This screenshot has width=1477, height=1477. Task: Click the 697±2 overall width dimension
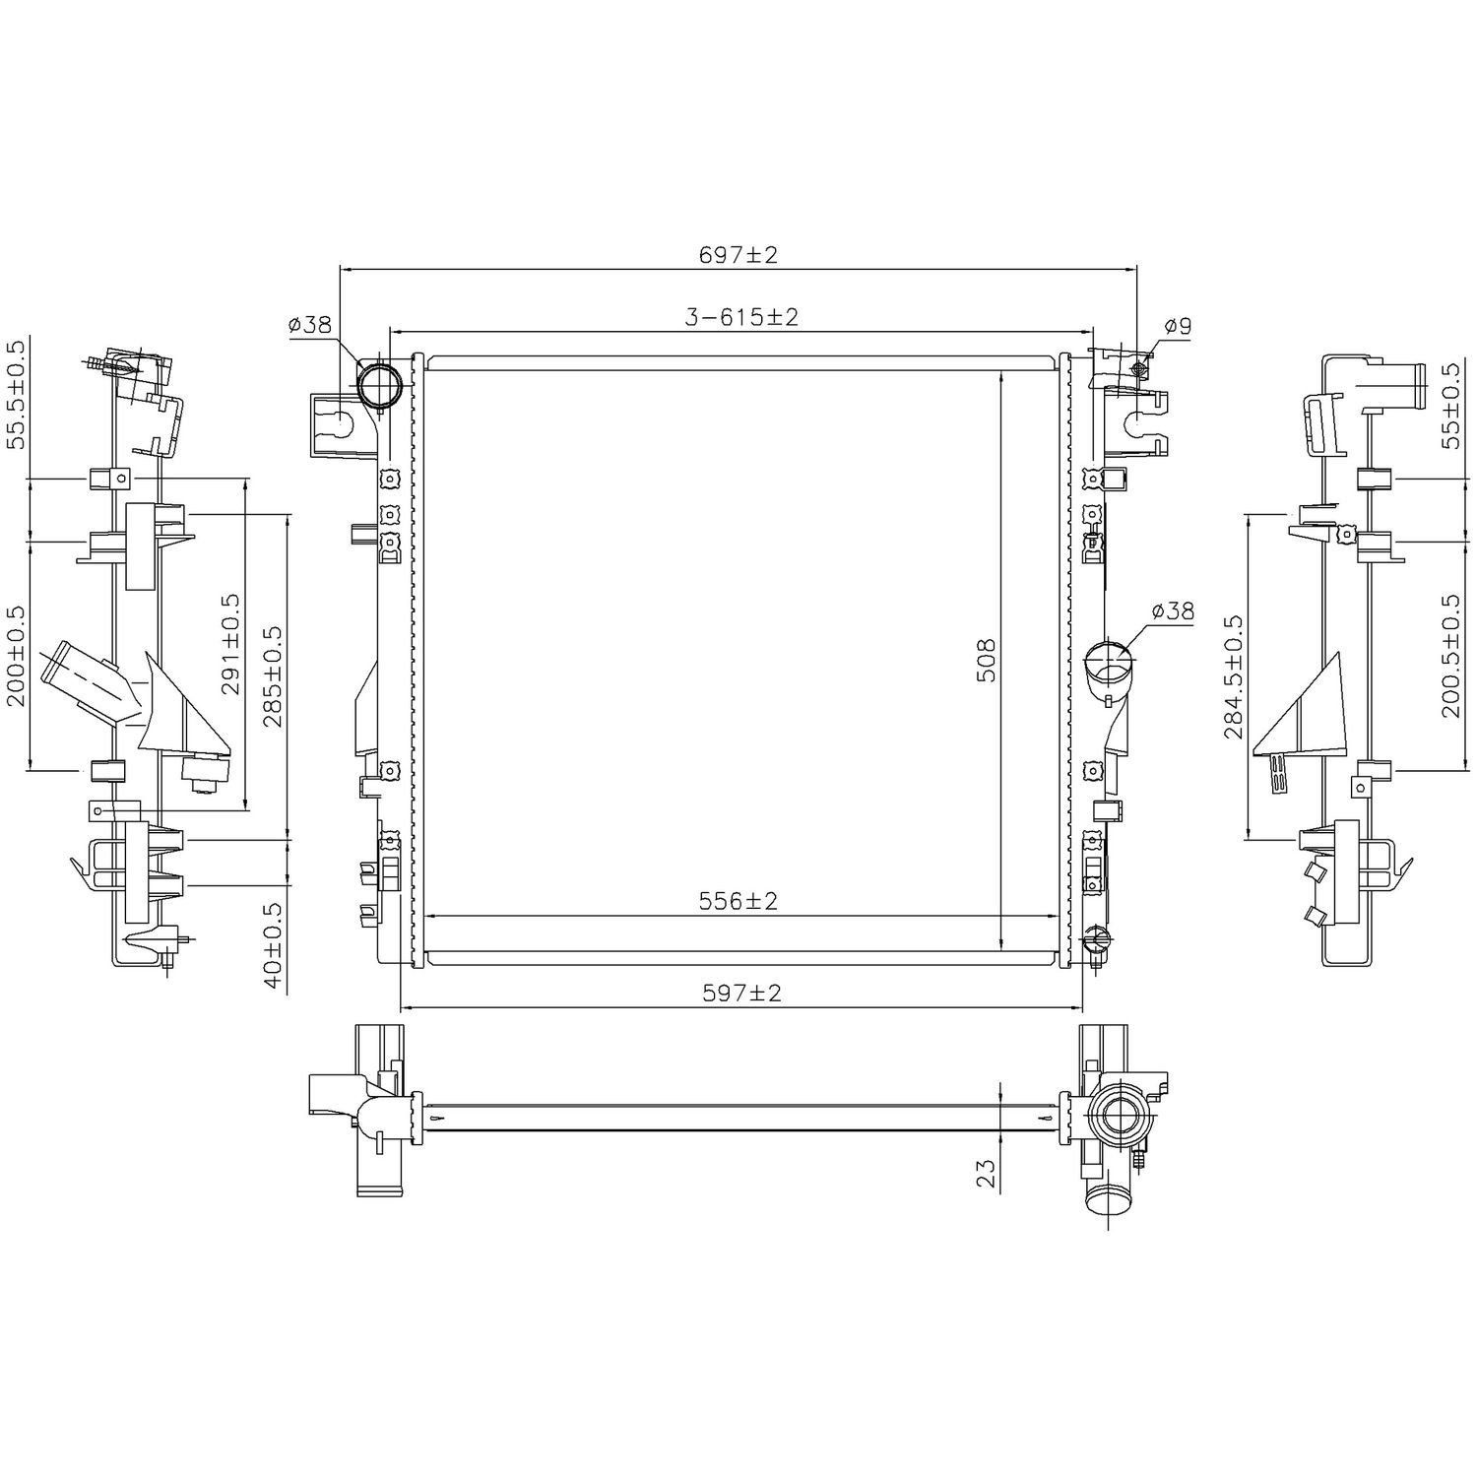738,255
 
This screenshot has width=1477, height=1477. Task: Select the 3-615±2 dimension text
740,317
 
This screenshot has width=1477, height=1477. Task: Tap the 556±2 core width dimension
738,901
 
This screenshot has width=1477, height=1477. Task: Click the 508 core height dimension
988,661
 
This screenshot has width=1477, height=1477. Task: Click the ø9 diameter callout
1177,326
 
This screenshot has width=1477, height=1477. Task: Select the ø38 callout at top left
309,325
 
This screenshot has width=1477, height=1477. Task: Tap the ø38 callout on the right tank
1172,611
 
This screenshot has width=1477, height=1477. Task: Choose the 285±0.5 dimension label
272,677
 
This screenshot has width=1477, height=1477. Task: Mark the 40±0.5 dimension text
272,945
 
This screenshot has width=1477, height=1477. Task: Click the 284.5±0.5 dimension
1233,676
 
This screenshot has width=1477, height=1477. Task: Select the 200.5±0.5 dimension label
1449,655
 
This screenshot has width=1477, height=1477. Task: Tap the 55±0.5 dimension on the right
1449,406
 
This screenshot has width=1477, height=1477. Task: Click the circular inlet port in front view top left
379,385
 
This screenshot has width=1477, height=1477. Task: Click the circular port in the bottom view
1120,1119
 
